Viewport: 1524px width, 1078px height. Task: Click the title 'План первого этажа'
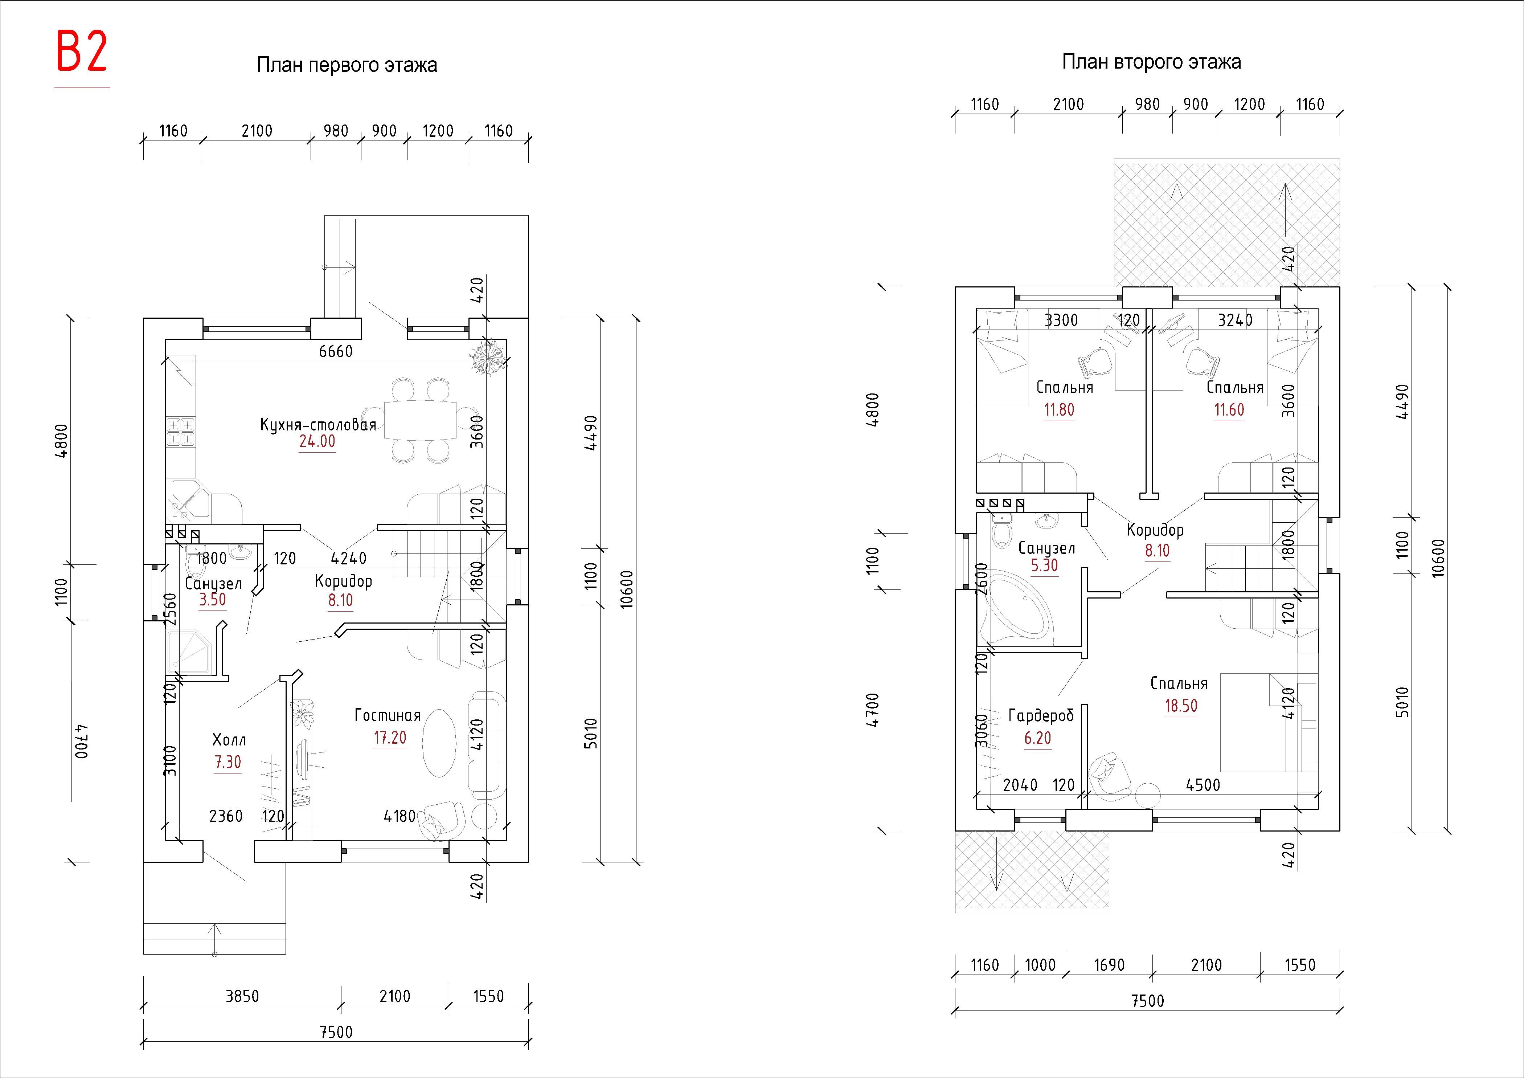tap(347, 65)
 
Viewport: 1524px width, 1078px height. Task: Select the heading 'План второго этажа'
tap(1151, 62)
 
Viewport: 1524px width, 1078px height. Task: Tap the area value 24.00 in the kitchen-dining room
tap(317, 441)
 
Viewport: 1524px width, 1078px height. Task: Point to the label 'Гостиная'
tap(388, 715)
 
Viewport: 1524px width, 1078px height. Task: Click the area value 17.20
tap(390, 738)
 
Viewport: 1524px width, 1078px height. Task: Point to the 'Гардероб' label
tap(1040, 715)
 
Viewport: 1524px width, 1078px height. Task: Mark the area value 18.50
tap(1181, 706)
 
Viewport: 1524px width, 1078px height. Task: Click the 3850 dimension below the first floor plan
tap(242, 996)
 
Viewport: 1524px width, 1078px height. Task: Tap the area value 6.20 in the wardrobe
tap(1037, 738)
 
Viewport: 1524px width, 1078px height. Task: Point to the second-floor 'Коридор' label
tap(1155, 530)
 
